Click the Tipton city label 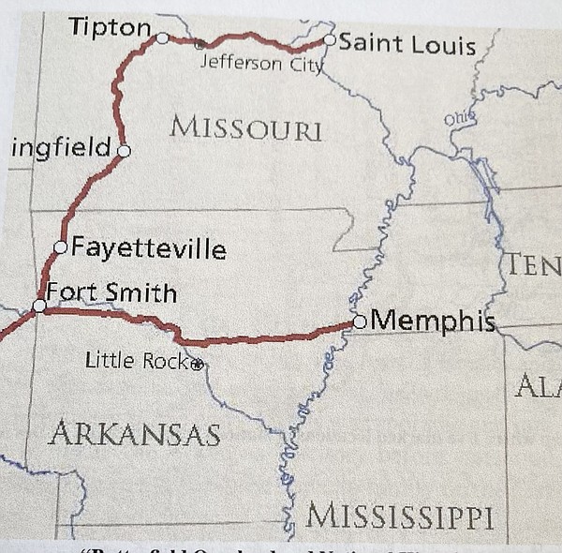[x=109, y=28]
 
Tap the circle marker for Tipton [x=162, y=38]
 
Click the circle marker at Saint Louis [x=329, y=40]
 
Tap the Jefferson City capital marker [x=199, y=43]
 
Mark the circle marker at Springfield [x=124, y=150]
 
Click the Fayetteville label [x=148, y=249]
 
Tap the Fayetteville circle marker [x=61, y=247]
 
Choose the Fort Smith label [x=111, y=292]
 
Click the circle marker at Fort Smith [x=38, y=306]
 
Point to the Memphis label [x=432, y=321]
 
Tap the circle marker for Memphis [x=360, y=321]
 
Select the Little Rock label [x=137, y=359]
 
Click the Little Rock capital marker [x=197, y=365]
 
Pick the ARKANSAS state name [x=135, y=433]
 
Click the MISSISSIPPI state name [x=400, y=516]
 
